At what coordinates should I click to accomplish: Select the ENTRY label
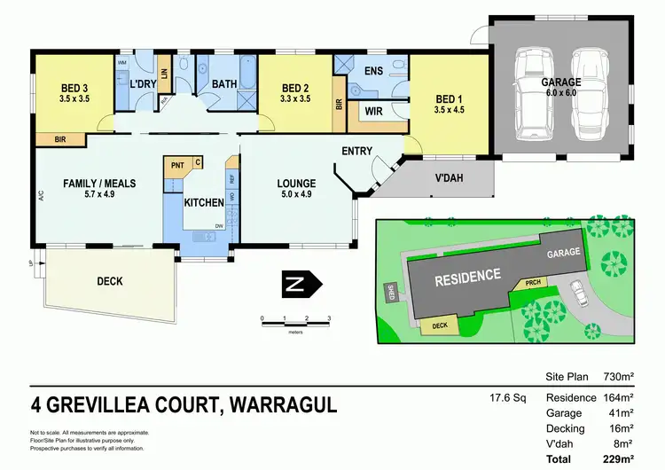(x=356, y=151)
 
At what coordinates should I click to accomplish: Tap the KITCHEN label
(x=203, y=202)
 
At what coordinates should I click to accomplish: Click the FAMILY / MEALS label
(x=98, y=183)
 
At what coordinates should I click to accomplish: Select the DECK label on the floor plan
(x=109, y=281)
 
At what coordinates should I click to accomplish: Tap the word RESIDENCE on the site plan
(x=467, y=277)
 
